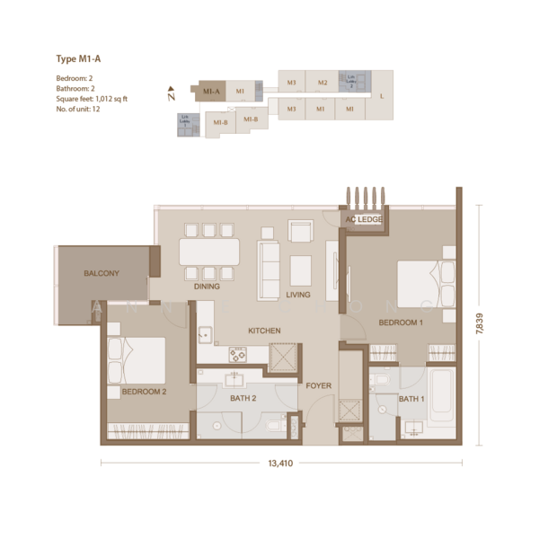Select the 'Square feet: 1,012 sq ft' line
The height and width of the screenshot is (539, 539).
tap(93, 99)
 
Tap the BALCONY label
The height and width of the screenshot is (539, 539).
tap(102, 273)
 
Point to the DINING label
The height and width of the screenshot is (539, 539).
tap(208, 287)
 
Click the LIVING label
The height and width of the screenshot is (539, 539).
tap(297, 294)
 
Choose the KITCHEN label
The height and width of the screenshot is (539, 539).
tap(264, 331)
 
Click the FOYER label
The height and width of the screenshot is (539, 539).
tap(319, 385)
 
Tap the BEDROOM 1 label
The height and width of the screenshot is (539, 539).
tap(401, 322)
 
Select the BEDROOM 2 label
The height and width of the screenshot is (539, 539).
tap(145, 392)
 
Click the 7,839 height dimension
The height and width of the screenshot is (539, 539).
tap(481, 324)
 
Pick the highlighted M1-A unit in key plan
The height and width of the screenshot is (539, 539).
tap(211, 92)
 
